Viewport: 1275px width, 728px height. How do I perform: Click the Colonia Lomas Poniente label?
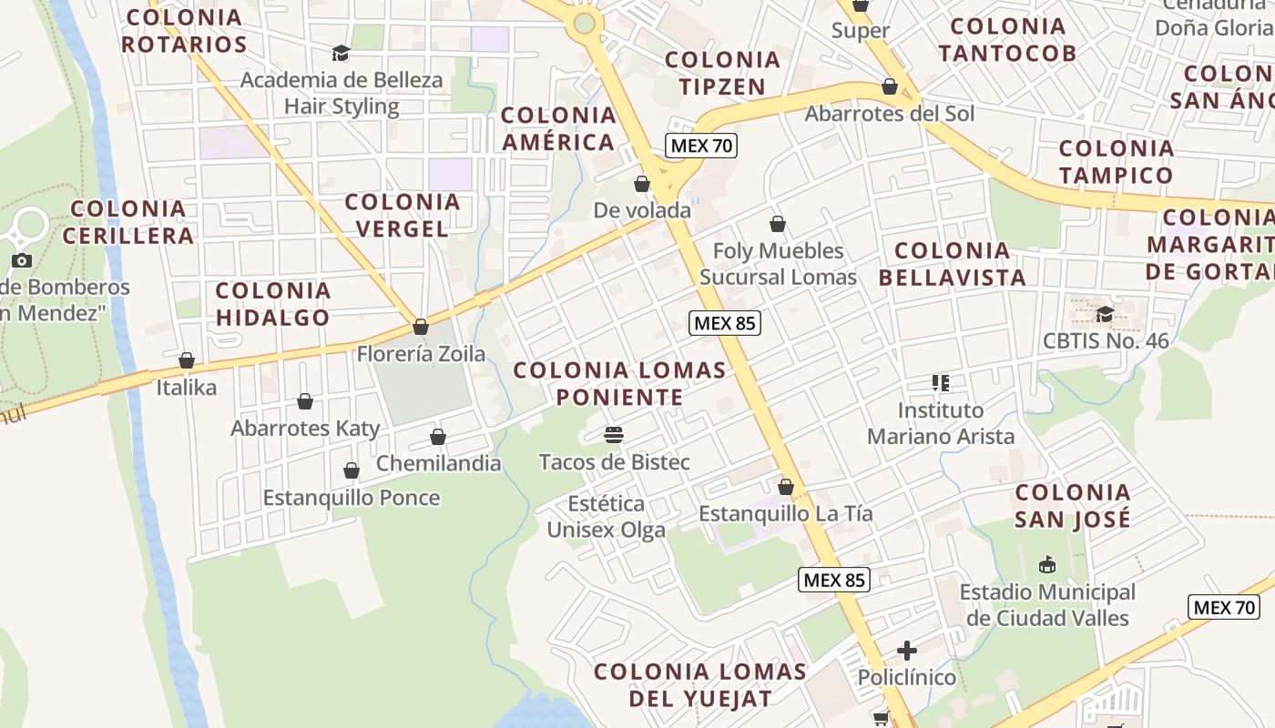pyautogui.click(x=619, y=384)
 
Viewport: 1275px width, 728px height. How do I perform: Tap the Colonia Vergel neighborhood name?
pyautogui.click(x=403, y=215)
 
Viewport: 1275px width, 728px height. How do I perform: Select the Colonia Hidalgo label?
pyautogui.click(x=272, y=304)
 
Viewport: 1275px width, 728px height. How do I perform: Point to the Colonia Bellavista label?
pyautogui.click(x=953, y=264)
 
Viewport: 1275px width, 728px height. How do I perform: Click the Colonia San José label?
pyautogui.click(x=1073, y=506)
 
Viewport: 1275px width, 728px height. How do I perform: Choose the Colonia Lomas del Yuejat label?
pyautogui.click(x=700, y=685)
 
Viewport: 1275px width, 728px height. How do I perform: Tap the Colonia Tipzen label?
pyautogui.click(x=722, y=73)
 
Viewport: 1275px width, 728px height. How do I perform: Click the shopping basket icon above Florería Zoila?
pyautogui.click(x=421, y=326)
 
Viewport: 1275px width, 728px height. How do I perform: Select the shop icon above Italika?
pyautogui.click(x=187, y=360)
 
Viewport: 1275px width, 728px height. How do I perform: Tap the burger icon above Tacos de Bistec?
pyautogui.click(x=614, y=435)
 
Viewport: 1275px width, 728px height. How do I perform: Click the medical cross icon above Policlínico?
pyautogui.click(x=907, y=651)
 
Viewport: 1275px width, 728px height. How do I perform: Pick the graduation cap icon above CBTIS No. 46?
pyautogui.click(x=1106, y=314)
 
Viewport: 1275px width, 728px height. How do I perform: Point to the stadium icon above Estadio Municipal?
pyautogui.click(x=1047, y=565)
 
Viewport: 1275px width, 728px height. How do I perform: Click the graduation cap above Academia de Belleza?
pyautogui.click(x=341, y=54)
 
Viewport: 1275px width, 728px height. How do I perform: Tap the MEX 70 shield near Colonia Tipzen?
pyautogui.click(x=700, y=146)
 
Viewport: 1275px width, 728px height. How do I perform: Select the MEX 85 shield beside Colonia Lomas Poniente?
pyautogui.click(x=725, y=322)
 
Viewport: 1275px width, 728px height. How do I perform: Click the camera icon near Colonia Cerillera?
pyautogui.click(x=22, y=261)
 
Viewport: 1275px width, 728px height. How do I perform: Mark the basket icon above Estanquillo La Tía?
pyautogui.click(x=786, y=487)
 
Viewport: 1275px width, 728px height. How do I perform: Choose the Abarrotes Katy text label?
pyautogui.click(x=305, y=428)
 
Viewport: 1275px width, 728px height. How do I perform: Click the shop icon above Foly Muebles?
pyautogui.click(x=778, y=224)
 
